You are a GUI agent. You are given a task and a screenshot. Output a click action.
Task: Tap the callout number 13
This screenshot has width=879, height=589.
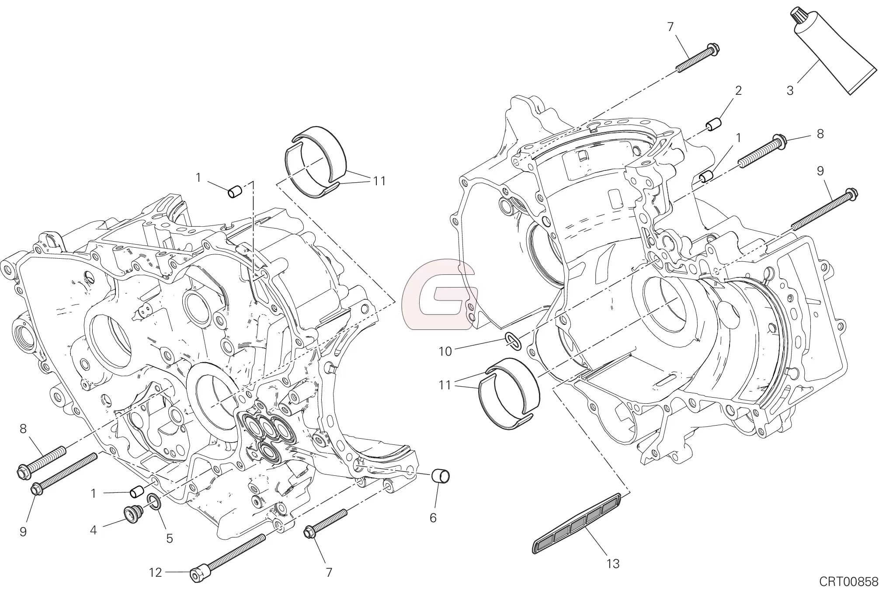click(x=613, y=564)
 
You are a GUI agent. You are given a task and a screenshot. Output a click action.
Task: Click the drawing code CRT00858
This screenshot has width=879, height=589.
click(x=848, y=581)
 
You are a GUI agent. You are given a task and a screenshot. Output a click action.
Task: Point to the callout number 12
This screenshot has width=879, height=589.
click(x=155, y=572)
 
